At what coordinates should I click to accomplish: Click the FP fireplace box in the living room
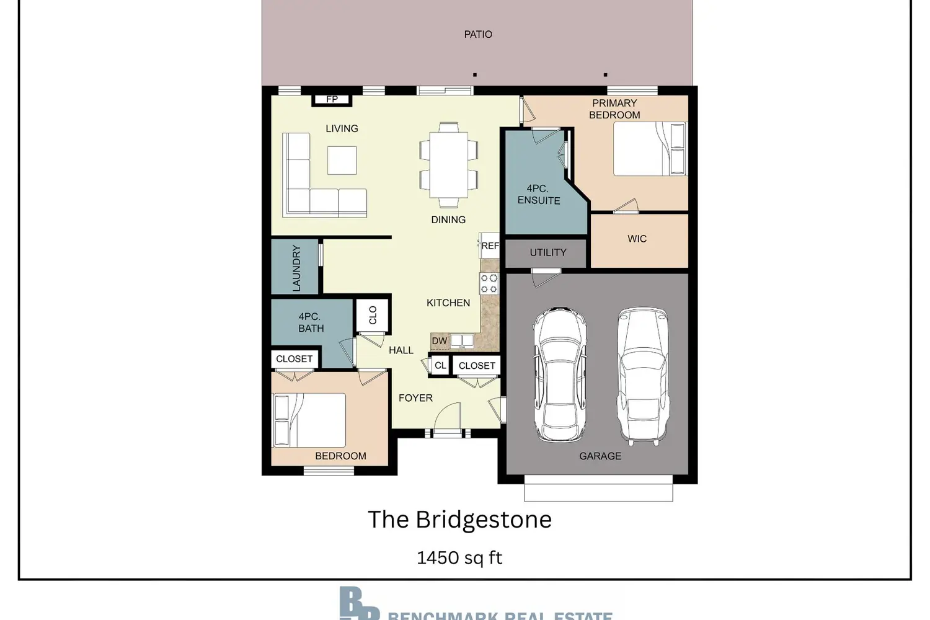click(332, 99)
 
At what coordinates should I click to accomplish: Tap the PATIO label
click(478, 35)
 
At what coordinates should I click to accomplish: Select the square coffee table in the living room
click(342, 160)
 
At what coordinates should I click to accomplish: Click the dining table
click(448, 165)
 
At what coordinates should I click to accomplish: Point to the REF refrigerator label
click(490, 246)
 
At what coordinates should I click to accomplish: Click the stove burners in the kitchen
click(489, 284)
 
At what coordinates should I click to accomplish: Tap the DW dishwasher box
click(440, 341)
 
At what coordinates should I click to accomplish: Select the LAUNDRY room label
click(296, 268)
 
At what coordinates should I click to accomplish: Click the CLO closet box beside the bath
click(373, 316)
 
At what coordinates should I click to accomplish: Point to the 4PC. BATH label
click(310, 322)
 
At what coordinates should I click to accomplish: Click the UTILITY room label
click(547, 253)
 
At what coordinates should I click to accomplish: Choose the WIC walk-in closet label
click(637, 239)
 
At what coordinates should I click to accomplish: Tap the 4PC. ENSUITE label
click(538, 195)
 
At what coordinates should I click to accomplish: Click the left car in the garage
click(560, 374)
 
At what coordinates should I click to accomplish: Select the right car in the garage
click(643, 374)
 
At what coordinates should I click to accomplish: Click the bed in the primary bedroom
click(650, 149)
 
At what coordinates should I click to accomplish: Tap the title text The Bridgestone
click(459, 520)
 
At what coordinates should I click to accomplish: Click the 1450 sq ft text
click(459, 558)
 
